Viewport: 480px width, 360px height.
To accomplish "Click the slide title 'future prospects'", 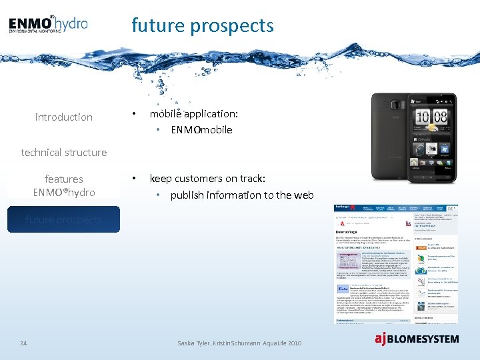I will pos(203,25).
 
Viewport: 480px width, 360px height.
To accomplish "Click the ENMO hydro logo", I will pos(48,25).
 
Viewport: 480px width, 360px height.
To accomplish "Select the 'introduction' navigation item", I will pos(64,117).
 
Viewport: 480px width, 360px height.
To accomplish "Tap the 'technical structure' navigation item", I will pos(64,153).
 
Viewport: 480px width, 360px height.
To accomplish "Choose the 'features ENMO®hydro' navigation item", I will pos(64,185).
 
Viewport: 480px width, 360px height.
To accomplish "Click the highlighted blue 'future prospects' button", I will pos(64,219).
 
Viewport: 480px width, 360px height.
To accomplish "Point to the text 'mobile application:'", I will pos(193,114).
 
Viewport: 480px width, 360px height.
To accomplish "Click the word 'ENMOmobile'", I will pos(201,130).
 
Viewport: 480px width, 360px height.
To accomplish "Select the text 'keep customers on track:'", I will pos(207,179).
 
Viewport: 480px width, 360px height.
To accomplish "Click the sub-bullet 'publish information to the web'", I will pos(241,195).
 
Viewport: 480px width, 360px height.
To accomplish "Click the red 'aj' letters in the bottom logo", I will pos(381,339).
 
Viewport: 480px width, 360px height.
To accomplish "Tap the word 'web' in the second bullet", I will pos(303,195).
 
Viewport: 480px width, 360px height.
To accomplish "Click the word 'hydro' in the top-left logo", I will pos(71,23).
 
